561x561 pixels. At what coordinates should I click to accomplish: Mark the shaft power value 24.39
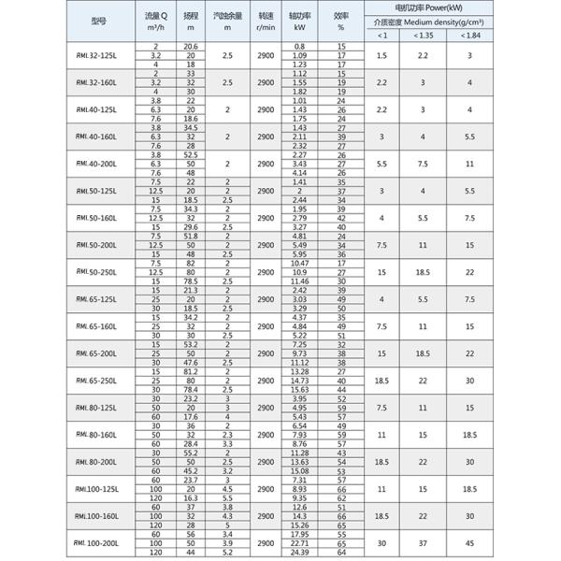pos(299,551)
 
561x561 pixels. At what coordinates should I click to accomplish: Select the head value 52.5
pos(190,154)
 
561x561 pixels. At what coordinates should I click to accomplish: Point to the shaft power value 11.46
pos(299,280)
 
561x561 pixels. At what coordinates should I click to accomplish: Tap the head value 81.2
pos(190,371)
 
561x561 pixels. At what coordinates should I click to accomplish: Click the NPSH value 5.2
pos(226,551)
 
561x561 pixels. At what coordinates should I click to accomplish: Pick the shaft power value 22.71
pos(299,541)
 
